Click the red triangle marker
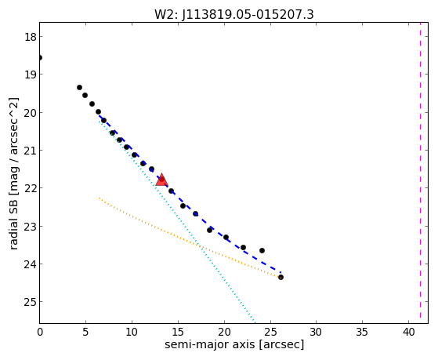(161, 180)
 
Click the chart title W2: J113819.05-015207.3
(234, 15)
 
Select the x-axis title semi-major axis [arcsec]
(234, 344)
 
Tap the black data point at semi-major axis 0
(40, 57)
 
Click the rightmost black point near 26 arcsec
(281, 277)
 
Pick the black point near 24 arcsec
(262, 250)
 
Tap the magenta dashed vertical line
(420, 173)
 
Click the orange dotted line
(190, 238)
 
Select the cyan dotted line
(177, 221)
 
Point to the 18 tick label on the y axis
(31, 37)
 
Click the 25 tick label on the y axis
(31, 301)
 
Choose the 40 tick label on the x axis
(409, 333)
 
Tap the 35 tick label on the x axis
(363, 333)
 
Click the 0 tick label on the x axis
(40, 333)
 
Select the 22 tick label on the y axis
(31, 188)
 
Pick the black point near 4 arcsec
(79, 88)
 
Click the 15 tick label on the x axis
(178, 333)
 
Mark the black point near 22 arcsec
(243, 247)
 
